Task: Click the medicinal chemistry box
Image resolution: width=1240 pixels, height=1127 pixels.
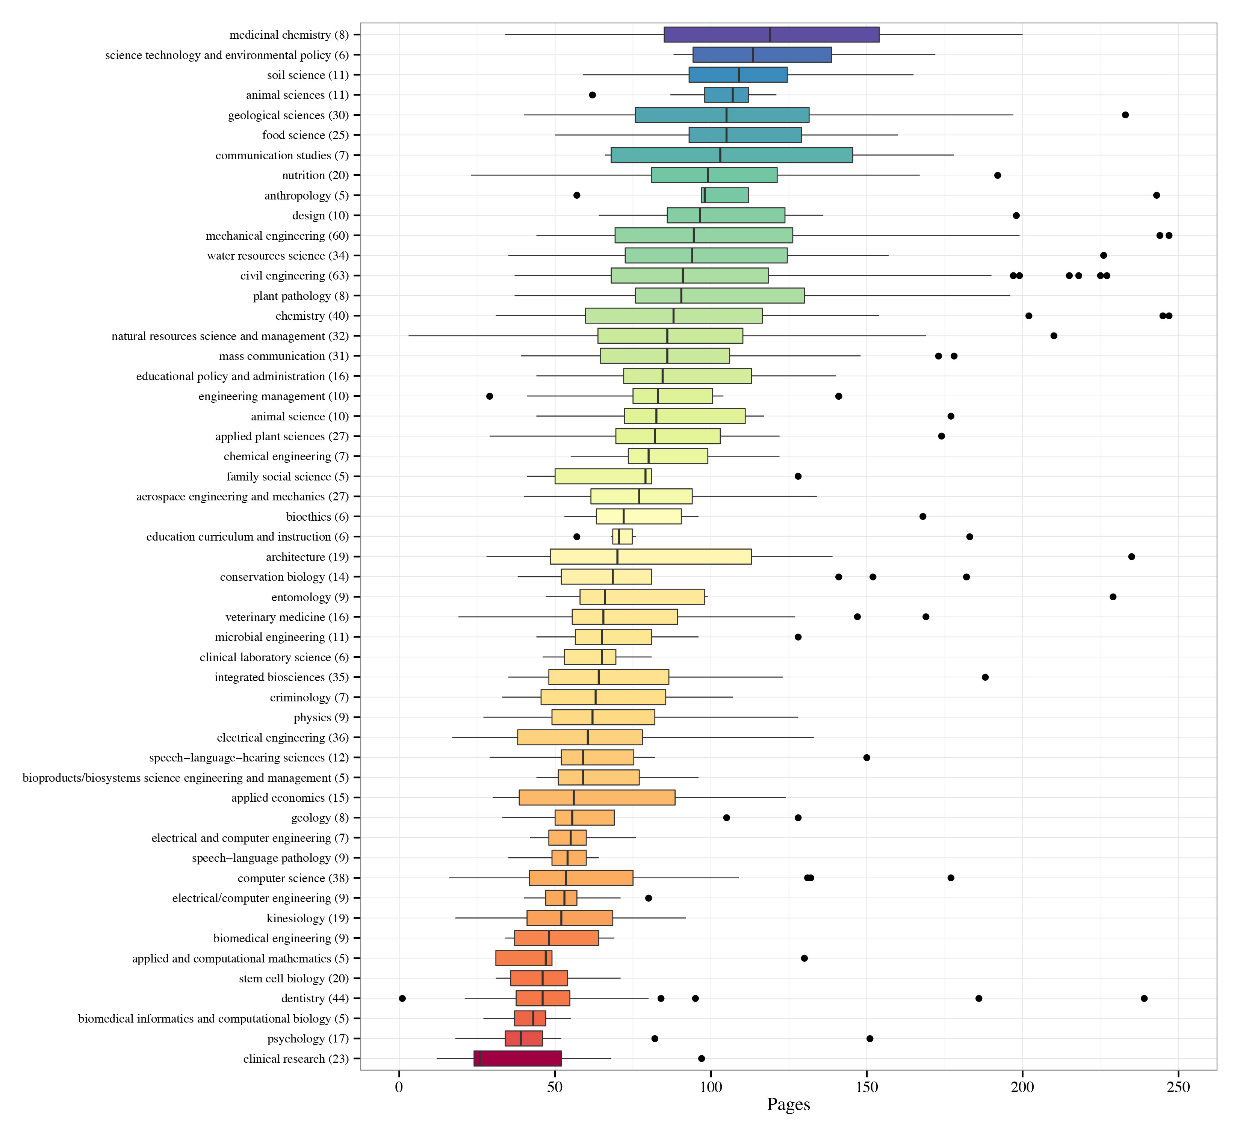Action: click(771, 35)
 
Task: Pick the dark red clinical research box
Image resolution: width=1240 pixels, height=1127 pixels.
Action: click(517, 1058)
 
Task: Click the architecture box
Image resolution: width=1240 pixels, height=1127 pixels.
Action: click(651, 556)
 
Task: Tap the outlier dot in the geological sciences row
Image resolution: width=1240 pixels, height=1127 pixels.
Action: click(1125, 115)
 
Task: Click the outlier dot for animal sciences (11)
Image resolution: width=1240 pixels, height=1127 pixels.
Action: click(592, 95)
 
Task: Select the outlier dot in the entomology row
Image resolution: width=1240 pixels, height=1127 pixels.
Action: click(1113, 597)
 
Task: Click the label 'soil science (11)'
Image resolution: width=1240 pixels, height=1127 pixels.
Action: click(307, 75)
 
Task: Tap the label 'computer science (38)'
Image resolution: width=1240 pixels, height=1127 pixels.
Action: click(293, 878)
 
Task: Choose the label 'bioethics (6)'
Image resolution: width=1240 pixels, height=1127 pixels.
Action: click(318, 517)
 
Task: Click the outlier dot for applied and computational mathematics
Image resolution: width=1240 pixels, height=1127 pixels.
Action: click(804, 958)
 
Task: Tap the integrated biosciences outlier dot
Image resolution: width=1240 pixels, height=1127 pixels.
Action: click(985, 677)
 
